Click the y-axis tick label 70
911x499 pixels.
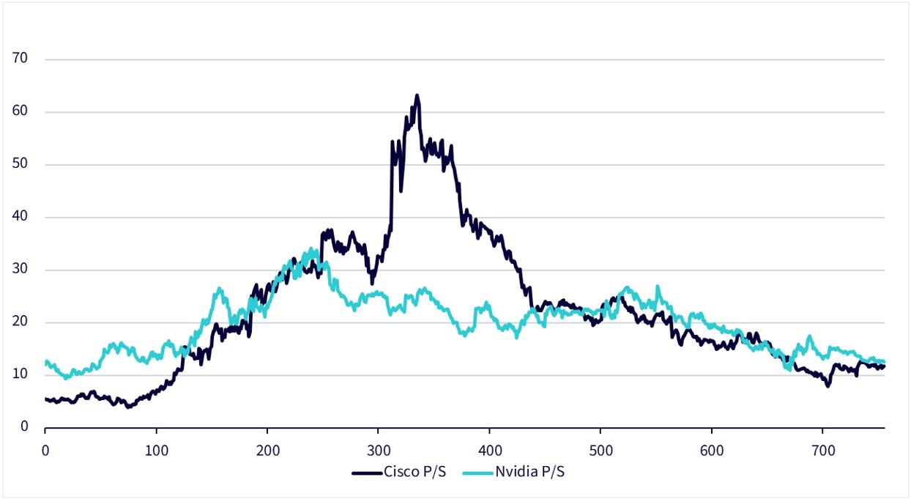[20, 59]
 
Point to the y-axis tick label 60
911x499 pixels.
[20, 111]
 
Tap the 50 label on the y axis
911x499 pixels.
[20, 164]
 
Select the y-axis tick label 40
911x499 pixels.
[20, 217]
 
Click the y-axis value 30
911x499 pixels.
[20, 270]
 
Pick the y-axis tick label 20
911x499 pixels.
[20, 322]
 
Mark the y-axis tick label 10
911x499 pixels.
[20, 375]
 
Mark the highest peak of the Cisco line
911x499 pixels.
[417, 95]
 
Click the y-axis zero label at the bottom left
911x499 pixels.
[23, 427]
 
